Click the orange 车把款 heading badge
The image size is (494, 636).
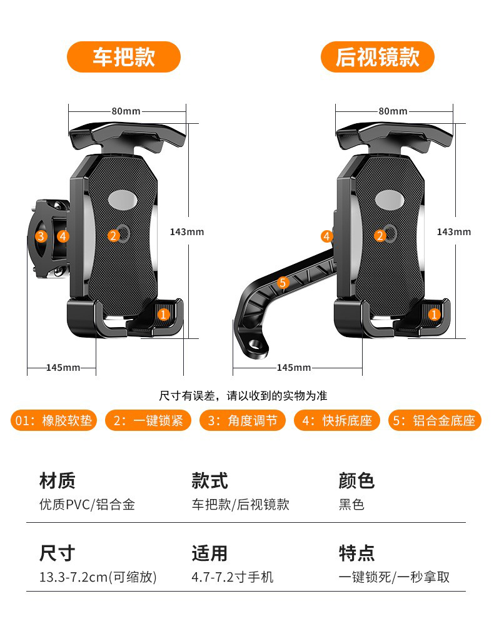point(124,57)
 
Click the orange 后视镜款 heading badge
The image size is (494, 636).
point(377,57)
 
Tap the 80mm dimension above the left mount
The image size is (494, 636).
point(126,111)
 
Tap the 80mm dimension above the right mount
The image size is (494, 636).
point(393,111)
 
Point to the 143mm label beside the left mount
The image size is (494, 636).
point(187,232)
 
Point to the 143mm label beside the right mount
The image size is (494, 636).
point(454,232)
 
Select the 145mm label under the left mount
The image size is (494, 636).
point(63,368)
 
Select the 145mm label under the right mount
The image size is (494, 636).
point(294,368)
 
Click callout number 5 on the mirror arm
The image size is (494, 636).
point(283,283)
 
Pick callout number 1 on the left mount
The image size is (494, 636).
point(163,315)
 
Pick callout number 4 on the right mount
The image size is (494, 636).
point(327,236)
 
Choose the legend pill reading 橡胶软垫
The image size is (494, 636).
point(53,421)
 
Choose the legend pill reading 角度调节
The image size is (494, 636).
point(243,421)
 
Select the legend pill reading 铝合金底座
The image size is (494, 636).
point(435,421)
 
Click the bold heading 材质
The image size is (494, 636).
point(57,481)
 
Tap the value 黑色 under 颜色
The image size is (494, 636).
point(351,505)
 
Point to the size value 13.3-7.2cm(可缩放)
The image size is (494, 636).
point(98,577)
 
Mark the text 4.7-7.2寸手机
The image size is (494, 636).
point(232,577)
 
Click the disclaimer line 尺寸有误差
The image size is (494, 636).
point(243,396)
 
